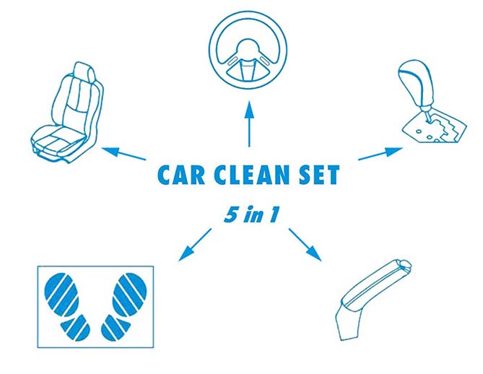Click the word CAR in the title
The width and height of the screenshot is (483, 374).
[181, 175]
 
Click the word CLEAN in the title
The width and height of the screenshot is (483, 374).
[251, 175]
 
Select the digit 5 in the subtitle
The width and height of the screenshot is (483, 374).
[231, 214]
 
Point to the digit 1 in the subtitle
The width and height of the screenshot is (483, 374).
[273, 214]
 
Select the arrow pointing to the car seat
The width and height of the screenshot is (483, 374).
[124, 153]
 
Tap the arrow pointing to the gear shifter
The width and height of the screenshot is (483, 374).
[380, 153]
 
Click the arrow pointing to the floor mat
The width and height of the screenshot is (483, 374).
[195, 245]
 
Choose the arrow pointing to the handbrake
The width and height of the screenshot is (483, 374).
[305, 245]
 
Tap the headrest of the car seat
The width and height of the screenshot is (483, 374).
[85, 71]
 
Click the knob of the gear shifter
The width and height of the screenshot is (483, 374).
[415, 83]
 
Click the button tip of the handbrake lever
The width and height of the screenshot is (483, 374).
[404, 265]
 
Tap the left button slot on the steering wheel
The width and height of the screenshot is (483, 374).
[233, 61]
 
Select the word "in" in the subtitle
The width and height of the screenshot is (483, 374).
[253, 214]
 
